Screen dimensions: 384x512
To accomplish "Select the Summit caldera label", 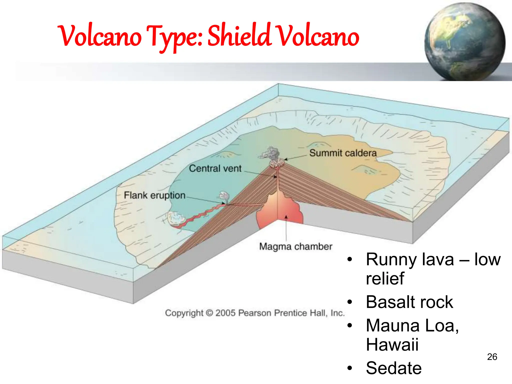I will click(343, 153).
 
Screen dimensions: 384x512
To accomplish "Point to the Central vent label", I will click(215, 168).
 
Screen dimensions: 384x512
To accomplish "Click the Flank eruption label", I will click(154, 195).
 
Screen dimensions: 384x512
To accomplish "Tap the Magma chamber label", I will click(295, 246).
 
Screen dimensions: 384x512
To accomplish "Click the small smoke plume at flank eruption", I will click(224, 196).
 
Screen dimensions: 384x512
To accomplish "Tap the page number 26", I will click(492, 357).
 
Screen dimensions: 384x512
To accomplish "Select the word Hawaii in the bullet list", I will click(392, 345).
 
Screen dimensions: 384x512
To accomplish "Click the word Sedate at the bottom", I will click(393, 368).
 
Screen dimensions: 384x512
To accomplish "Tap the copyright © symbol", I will click(209, 313).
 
